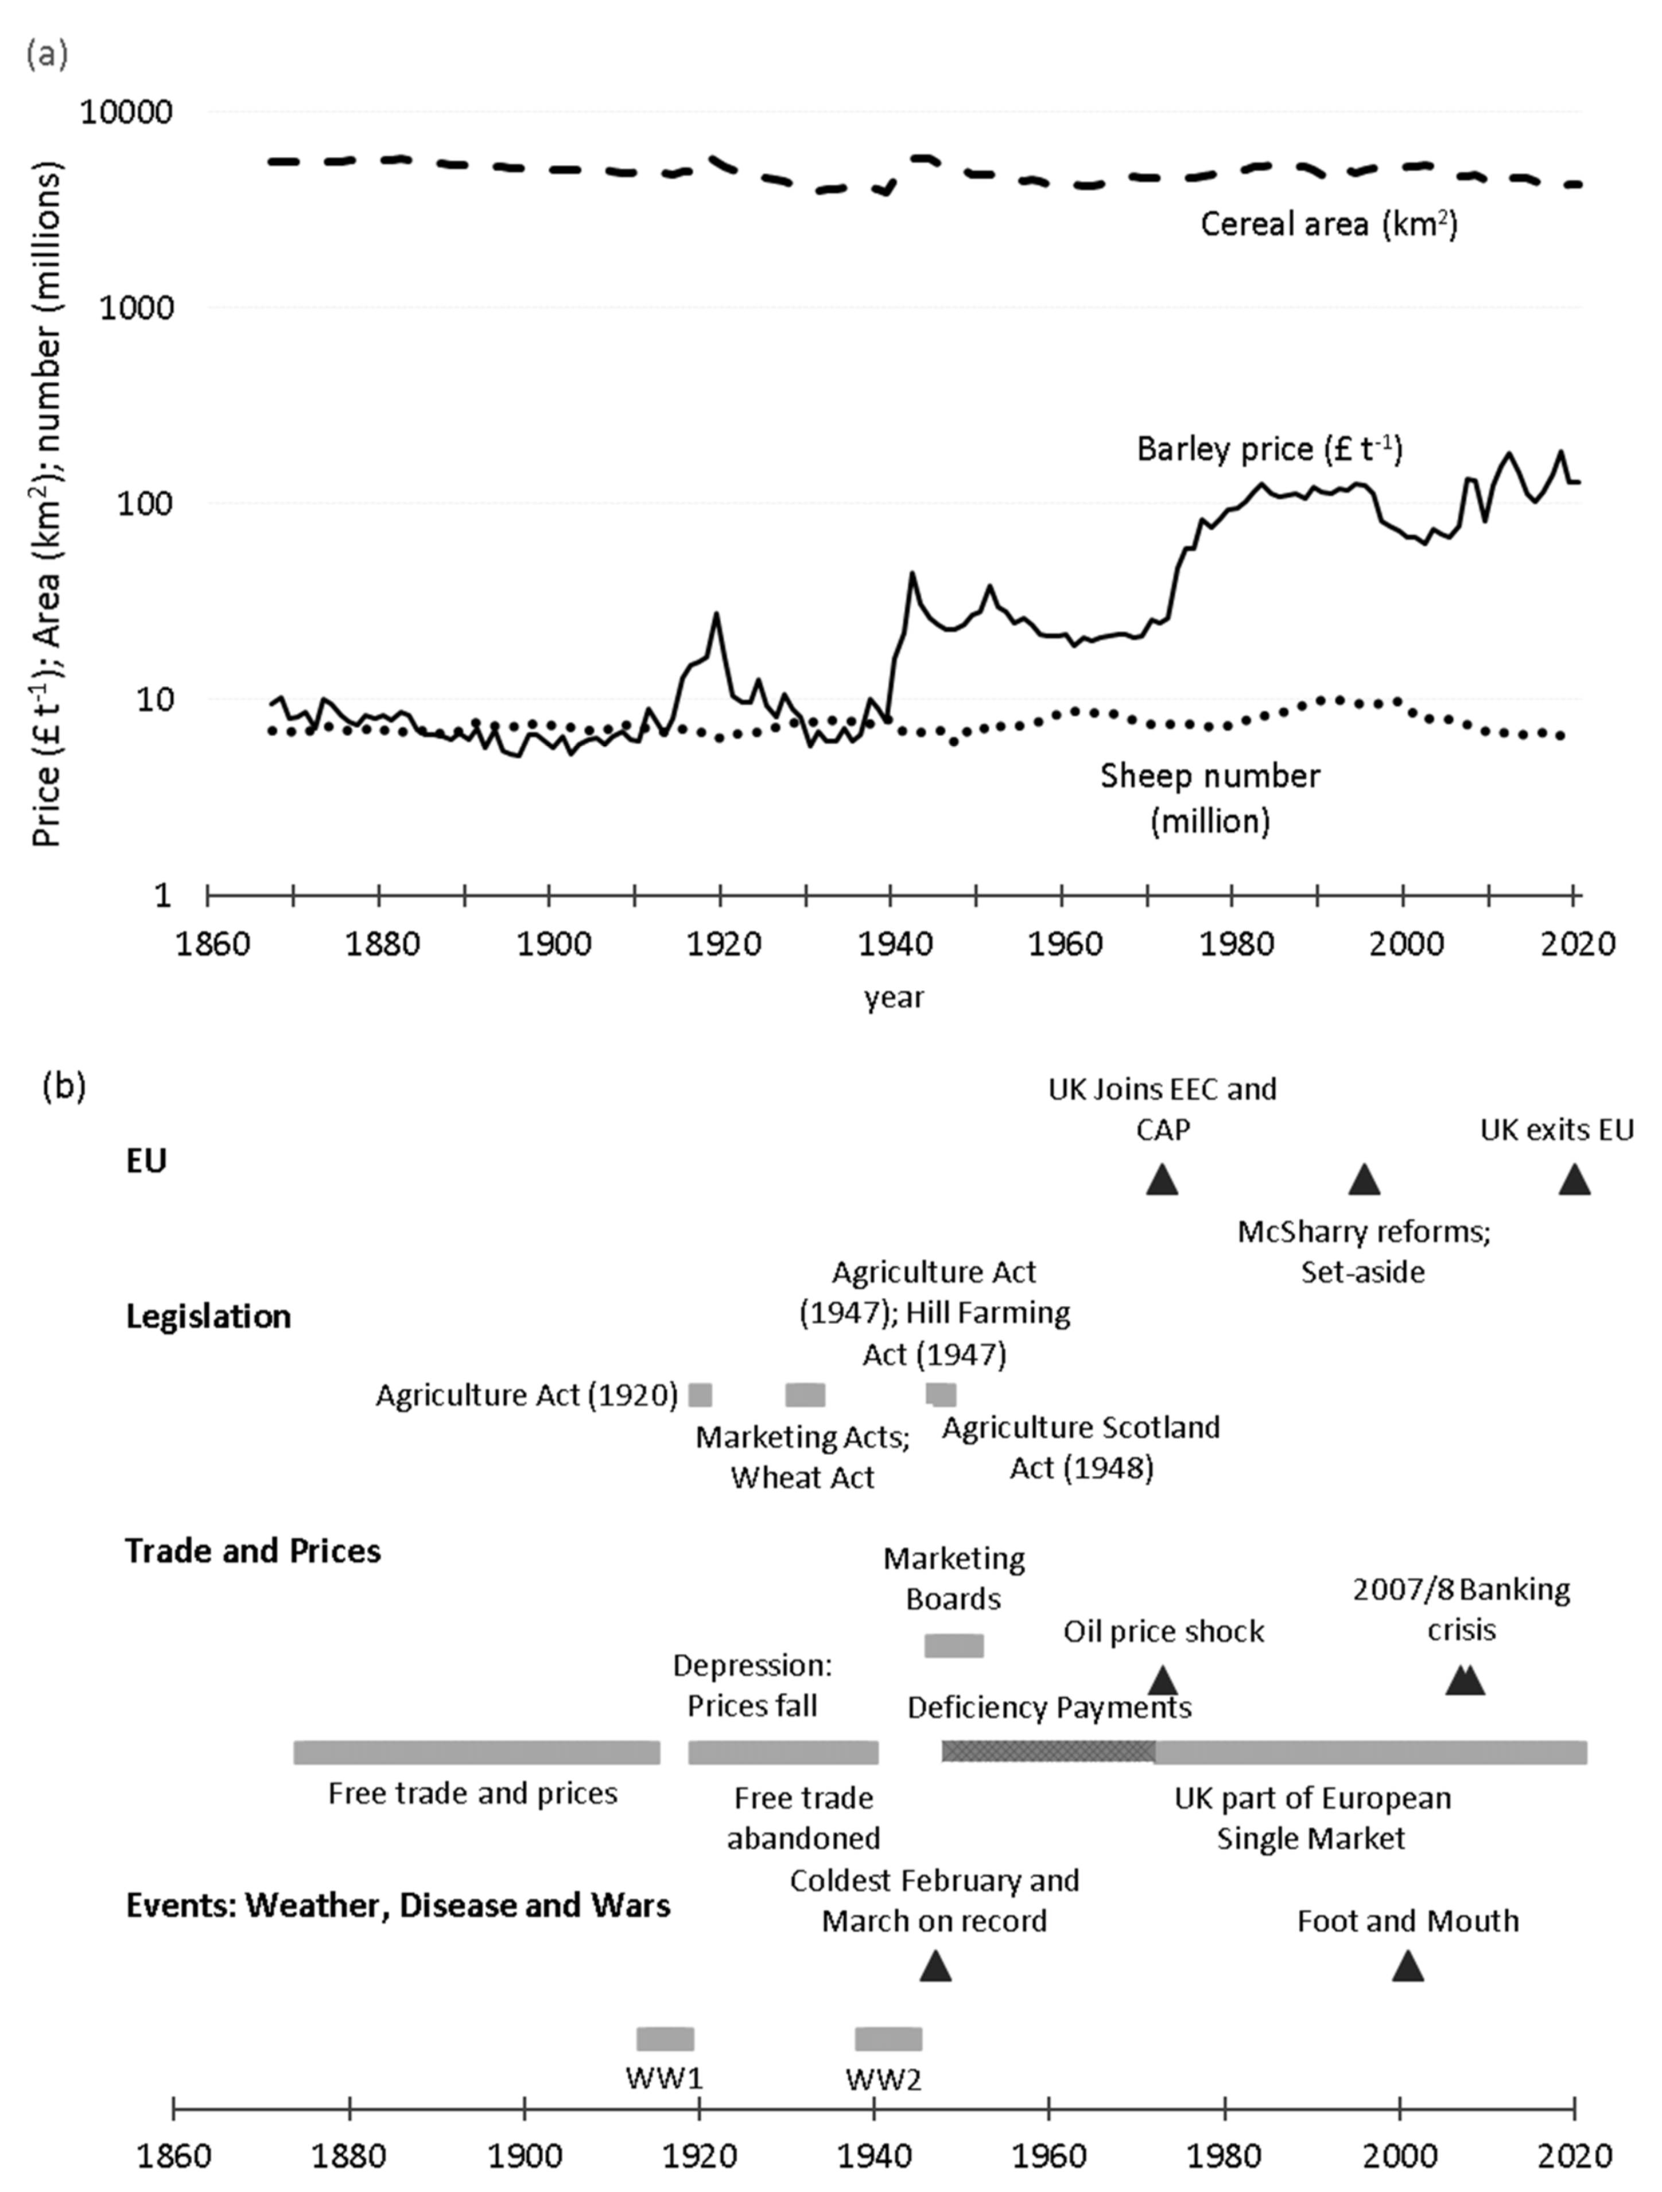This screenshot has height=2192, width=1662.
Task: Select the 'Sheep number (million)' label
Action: click(1210, 798)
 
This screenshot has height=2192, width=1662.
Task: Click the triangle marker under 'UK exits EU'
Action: click(1574, 1180)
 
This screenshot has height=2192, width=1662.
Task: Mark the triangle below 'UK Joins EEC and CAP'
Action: click(1163, 1180)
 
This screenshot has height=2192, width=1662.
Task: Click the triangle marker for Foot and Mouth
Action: click(1407, 1966)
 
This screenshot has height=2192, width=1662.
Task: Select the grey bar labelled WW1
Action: click(665, 2038)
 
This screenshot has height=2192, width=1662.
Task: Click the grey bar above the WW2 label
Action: click(888, 2038)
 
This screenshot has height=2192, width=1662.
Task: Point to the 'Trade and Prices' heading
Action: click(253, 1551)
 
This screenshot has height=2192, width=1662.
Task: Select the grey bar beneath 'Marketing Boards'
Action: click(953, 1646)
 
